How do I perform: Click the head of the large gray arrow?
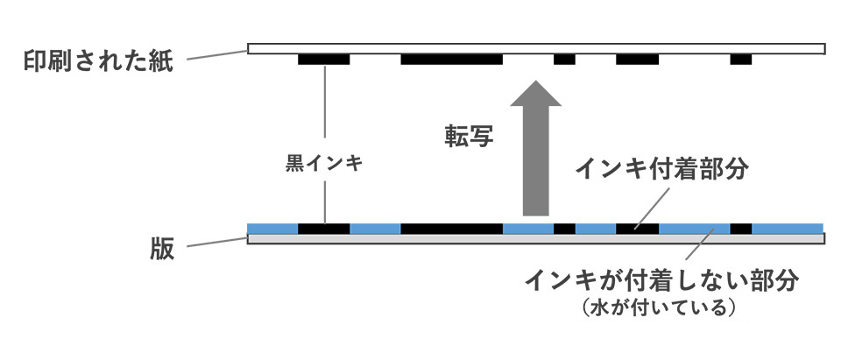click(535, 98)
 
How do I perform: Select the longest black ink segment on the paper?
click(451, 60)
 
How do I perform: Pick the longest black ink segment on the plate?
click(451, 229)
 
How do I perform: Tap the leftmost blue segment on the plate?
click(272, 229)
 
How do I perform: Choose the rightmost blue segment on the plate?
click(788, 229)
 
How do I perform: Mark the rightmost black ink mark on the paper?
click(741, 60)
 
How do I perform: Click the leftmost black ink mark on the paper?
click(323, 60)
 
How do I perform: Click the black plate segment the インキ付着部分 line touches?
click(637, 229)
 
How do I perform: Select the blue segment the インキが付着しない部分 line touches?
click(694, 229)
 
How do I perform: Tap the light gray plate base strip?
click(535, 238)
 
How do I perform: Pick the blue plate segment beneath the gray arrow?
click(528, 229)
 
